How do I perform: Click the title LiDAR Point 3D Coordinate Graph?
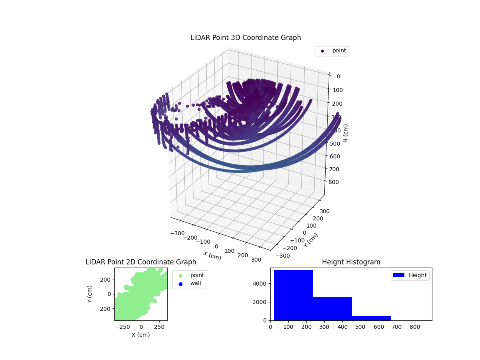(246, 38)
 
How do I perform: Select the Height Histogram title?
(351, 262)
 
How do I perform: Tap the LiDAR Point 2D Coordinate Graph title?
(141, 262)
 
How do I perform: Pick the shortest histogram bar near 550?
(371, 318)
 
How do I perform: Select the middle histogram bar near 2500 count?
(332, 308)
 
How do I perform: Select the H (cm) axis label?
(346, 133)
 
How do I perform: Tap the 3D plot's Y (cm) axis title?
(311, 240)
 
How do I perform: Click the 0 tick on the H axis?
(338, 77)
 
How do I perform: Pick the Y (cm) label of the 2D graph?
(90, 294)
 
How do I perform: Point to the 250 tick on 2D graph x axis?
(160, 326)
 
